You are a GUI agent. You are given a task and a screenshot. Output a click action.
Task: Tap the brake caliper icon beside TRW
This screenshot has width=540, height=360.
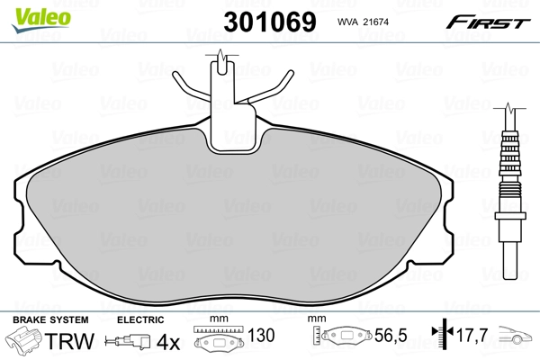pos(26,342)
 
